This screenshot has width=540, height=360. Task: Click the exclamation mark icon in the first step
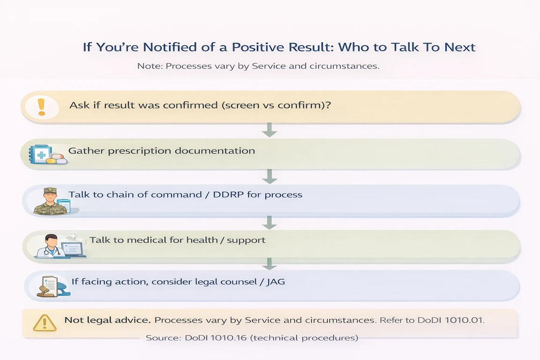[41, 107]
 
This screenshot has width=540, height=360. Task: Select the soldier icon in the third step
[51, 201]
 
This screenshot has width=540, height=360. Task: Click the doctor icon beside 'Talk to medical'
[51, 246]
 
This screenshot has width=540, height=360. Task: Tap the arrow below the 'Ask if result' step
[270, 130]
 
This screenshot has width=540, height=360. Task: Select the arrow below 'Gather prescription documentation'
[270, 176]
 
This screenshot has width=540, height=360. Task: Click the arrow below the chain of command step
[270, 222]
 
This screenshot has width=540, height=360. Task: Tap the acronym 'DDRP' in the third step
[227, 195]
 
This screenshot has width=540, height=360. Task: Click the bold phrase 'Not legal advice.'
[107, 321]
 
